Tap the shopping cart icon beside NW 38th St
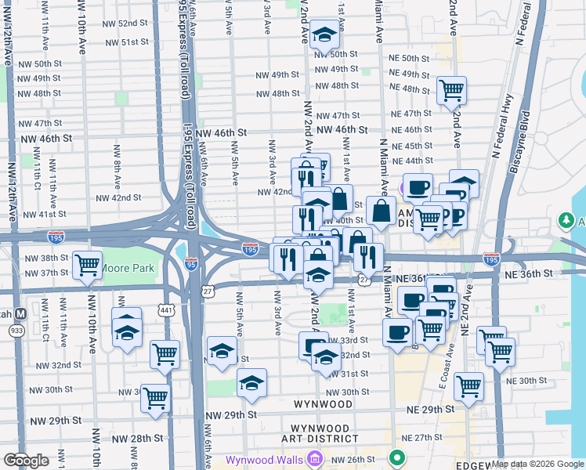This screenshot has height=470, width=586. point(87,264)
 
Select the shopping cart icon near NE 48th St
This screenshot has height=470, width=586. point(452,90)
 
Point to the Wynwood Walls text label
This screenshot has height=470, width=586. point(265,460)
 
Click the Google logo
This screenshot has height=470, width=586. point(26,461)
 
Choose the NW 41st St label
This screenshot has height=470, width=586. point(45,214)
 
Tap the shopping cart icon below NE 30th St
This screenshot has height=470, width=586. point(468,386)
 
